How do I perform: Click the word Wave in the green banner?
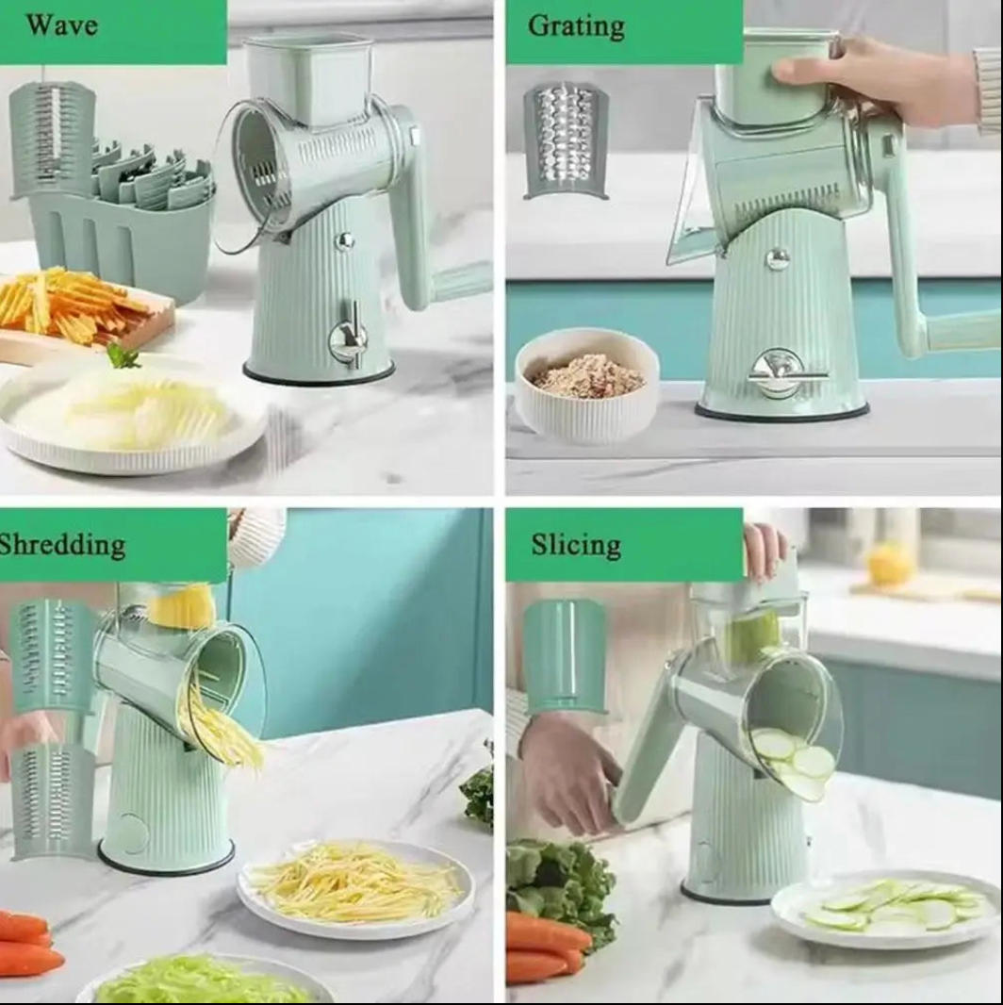(62, 25)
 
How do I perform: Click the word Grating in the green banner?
(576, 27)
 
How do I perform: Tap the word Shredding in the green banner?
(62, 545)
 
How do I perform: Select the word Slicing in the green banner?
(576, 546)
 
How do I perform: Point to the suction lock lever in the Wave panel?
(348, 337)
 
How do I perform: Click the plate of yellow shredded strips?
(356, 888)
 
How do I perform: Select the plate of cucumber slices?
(887, 908)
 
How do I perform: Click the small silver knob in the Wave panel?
(345, 241)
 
